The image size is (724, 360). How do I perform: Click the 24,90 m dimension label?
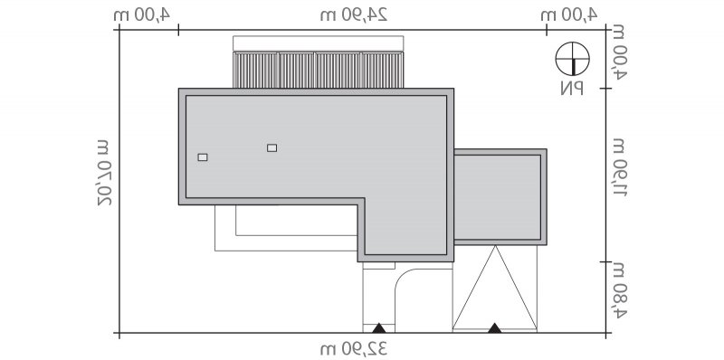click(354, 14)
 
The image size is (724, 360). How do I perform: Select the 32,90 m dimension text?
click(354, 348)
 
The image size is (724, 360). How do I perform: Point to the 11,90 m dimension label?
click(619, 167)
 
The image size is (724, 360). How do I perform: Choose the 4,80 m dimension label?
click(619, 290)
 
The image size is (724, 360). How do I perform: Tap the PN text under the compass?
click(572, 88)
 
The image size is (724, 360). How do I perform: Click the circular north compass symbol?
click(573, 59)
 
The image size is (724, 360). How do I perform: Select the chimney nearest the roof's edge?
click(203, 157)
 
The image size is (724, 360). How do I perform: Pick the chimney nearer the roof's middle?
click(272, 147)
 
